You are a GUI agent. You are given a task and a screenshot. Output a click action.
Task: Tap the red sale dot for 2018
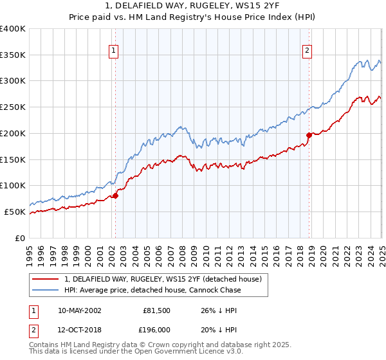[x=309, y=135]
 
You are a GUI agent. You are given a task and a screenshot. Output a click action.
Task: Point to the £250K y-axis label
[x=13, y=107]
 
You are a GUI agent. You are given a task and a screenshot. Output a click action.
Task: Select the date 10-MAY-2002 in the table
[x=79, y=310]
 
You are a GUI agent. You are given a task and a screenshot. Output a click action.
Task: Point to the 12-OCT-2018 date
[x=79, y=330]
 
